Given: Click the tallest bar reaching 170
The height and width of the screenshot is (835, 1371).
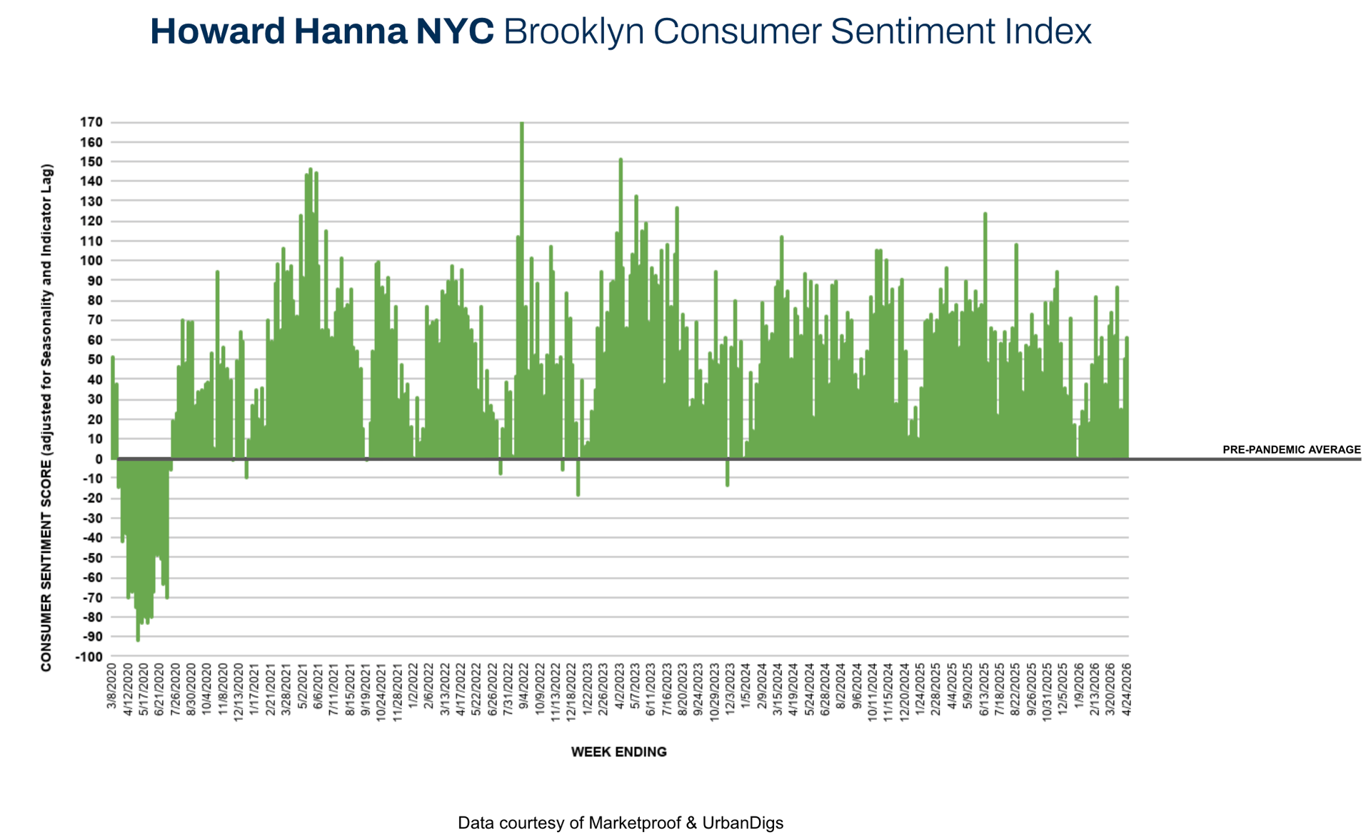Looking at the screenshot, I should tap(522, 286).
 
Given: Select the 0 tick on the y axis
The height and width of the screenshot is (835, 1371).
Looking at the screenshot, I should tap(99, 459).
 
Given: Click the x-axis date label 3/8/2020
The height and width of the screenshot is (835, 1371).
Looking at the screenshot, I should tap(112, 686).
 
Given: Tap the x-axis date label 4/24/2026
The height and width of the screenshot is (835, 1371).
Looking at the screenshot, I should tap(1127, 687).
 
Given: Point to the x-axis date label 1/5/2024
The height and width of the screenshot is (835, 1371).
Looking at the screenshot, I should tap(745, 686).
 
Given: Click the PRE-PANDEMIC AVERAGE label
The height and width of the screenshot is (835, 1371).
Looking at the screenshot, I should tap(1291, 450).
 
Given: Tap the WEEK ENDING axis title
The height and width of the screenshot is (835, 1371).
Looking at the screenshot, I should tap(618, 751).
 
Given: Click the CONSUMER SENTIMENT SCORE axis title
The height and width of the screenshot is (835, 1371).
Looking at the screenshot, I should tap(46, 418).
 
